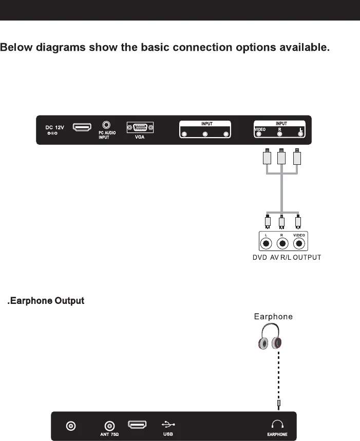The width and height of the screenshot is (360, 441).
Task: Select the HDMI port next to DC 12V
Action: tap(82, 127)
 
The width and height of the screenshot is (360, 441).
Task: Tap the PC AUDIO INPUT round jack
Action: tap(106, 125)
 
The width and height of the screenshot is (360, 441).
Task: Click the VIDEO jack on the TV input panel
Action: tap(259, 135)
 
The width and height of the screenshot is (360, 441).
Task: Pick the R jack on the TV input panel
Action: tap(280, 135)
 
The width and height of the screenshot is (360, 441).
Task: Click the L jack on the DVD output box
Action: tap(267, 243)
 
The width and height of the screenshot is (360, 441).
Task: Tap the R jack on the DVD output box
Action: tap(282, 243)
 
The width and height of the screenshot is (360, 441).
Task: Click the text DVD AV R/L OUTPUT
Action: tap(287, 257)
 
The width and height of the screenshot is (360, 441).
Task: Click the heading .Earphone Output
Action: tap(46, 301)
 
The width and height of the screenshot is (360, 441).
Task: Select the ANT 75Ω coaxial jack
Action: tap(109, 426)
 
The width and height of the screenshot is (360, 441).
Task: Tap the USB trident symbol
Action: tap(168, 424)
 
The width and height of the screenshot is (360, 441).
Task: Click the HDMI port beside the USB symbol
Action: tap(137, 425)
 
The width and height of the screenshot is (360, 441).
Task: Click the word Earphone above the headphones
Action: tap(273, 316)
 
